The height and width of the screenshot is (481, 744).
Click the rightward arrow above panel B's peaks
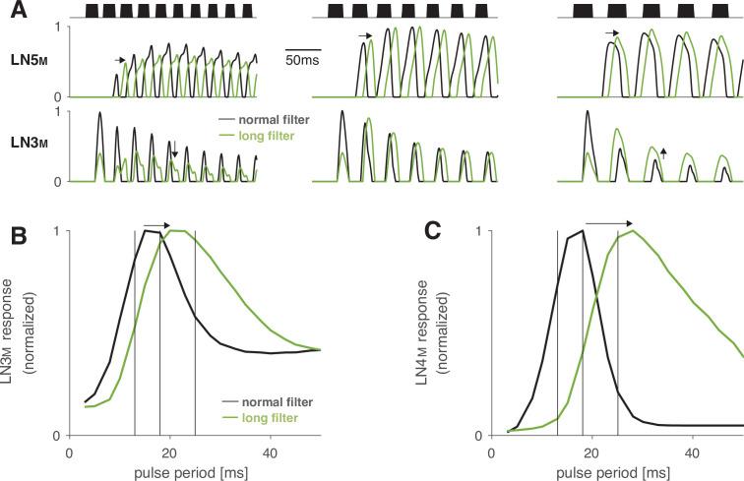(155, 224)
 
